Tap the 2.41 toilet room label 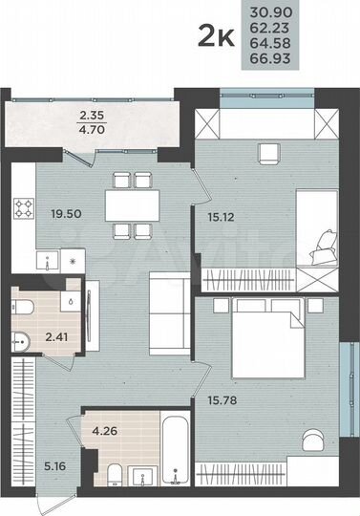tap(57, 335)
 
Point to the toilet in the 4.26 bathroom tap(112, 479)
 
